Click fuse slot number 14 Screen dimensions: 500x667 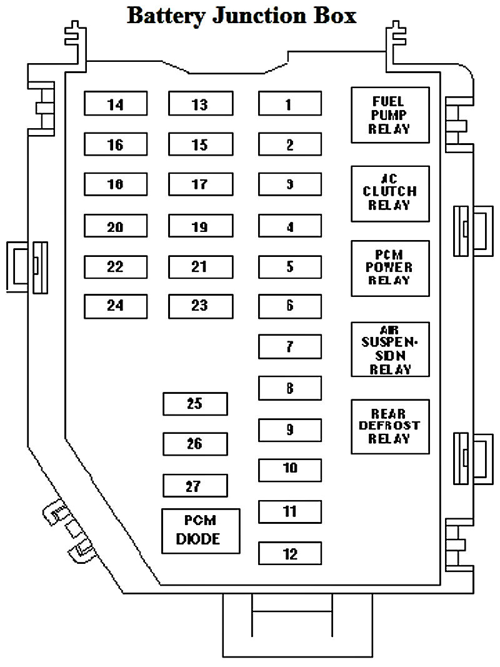116,104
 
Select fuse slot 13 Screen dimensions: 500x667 200,104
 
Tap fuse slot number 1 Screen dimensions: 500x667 290,104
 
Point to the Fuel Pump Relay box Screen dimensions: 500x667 390,115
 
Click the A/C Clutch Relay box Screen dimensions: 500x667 390,193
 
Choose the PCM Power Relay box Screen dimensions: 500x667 390,268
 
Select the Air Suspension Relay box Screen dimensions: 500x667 390,349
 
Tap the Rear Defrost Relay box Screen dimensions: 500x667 390,426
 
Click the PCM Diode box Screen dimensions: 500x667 201,531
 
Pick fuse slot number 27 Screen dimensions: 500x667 195,486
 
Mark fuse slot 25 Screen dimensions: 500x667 195,404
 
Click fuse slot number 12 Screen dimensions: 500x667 290,553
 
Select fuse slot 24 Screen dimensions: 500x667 116,306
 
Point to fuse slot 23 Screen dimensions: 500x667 200,306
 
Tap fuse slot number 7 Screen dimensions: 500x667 290,346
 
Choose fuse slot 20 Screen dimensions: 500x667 116,227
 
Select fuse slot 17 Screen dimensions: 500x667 200,184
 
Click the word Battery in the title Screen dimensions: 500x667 166,15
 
